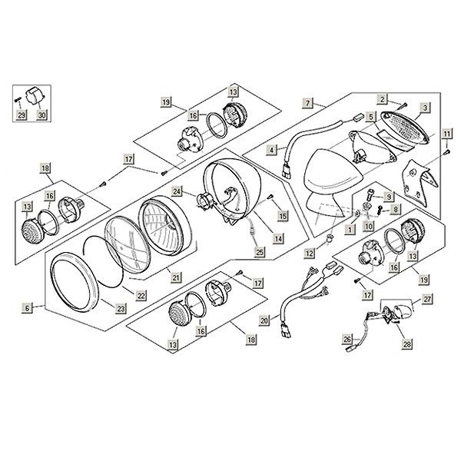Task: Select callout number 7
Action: (x=307, y=102)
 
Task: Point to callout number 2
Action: (x=381, y=98)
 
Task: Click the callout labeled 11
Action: (x=446, y=134)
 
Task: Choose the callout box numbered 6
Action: (x=27, y=307)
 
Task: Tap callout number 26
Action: (x=347, y=339)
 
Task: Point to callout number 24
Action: (x=177, y=191)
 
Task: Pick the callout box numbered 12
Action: (x=307, y=252)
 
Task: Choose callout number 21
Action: (x=175, y=277)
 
